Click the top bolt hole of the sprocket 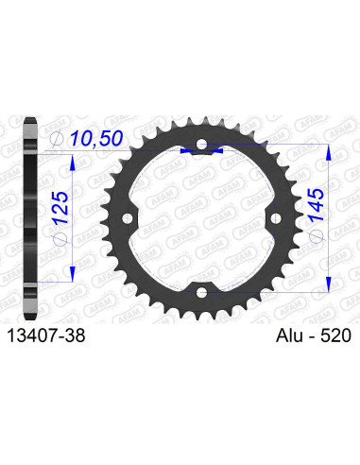point(200,147)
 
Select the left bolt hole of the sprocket point(129,219)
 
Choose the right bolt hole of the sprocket point(273,219)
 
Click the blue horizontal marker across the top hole point(200,148)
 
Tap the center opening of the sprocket point(200,219)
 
